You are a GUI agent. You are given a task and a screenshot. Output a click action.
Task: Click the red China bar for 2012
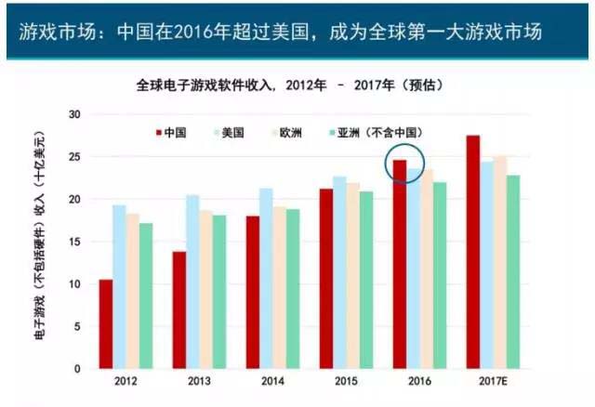tap(106, 323)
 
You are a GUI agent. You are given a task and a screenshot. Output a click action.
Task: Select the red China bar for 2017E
tap(473, 252)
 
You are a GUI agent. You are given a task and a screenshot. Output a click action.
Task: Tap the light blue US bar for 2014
tap(266, 278)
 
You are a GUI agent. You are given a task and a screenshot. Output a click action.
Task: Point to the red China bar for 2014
tap(252, 292)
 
